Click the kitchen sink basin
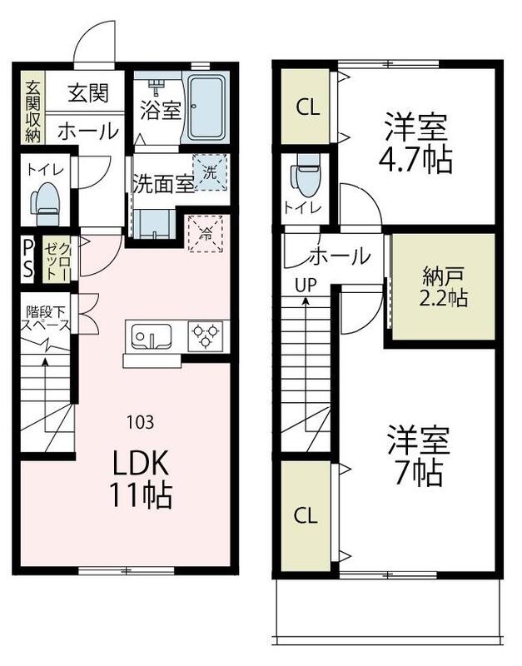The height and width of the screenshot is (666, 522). pos(151,337)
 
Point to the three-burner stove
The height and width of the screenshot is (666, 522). pos(205,336)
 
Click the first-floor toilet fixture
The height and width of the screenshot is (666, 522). pos(45,203)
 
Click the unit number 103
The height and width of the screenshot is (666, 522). pos(140,422)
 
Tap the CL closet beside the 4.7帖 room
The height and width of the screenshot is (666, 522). pos(306,107)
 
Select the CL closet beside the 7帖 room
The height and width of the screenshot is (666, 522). pos(306,515)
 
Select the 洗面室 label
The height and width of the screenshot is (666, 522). pos(162,184)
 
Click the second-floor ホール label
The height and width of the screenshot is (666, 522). pos(341,256)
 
